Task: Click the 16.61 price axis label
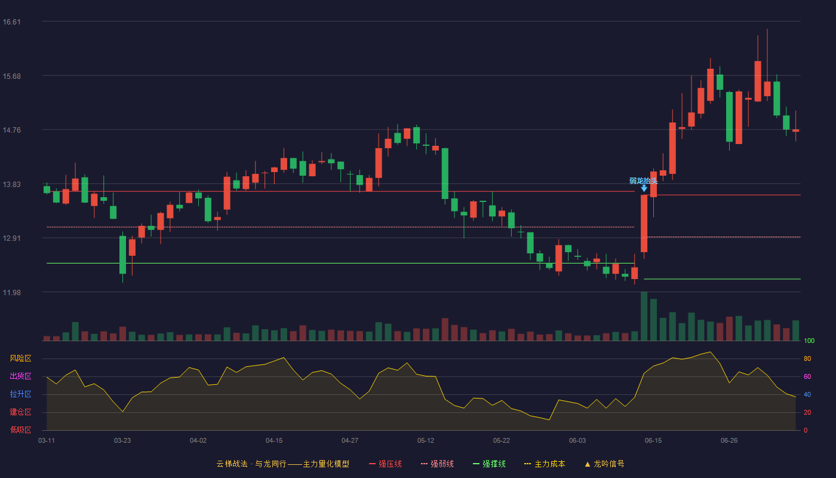pyautogui.click(x=11, y=22)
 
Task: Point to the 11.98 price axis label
pyautogui.click(x=11, y=292)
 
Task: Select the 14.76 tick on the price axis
pyautogui.click(x=11, y=130)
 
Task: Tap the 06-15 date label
pyautogui.click(x=653, y=441)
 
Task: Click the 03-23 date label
pyautogui.click(x=122, y=441)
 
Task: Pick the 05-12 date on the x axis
pyautogui.click(x=426, y=441)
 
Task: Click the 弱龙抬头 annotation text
pyautogui.click(x=644, y=180)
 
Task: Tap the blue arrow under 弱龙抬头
pyautogui.click(x=644, y=188)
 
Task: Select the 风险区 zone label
pyautogui.click(x=20, y=358)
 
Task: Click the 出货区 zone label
pyautogui.click(x=20, y=376)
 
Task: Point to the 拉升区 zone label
pyautogui.click(x=20, y=394)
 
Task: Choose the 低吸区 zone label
pyautogui.click(x=20, y=430)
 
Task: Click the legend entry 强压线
pyautogui.click(x=385, y=464)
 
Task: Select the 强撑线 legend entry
pyautogui.click(x=489, y=464)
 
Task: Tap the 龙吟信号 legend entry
pyautogui.click(x=604, y=464)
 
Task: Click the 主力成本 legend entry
pyautogui.click(x=545, y=464)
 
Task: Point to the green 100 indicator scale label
pyautogui.click(x=809, y=341)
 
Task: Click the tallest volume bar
pyautogui.click(x=644, y=316)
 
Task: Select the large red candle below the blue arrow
pyautogui.click(x=644, y=223)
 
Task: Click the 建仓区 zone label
pyautogui.click(x=20, y=412)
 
